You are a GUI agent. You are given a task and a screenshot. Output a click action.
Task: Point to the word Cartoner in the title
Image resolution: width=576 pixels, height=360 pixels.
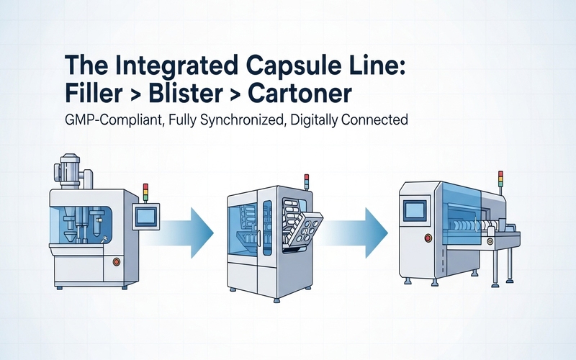[307, 94]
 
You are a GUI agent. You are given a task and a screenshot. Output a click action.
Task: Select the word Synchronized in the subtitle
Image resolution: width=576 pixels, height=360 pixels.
[244, 121]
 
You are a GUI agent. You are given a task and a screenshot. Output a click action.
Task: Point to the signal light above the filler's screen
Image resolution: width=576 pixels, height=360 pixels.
[145, 192]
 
